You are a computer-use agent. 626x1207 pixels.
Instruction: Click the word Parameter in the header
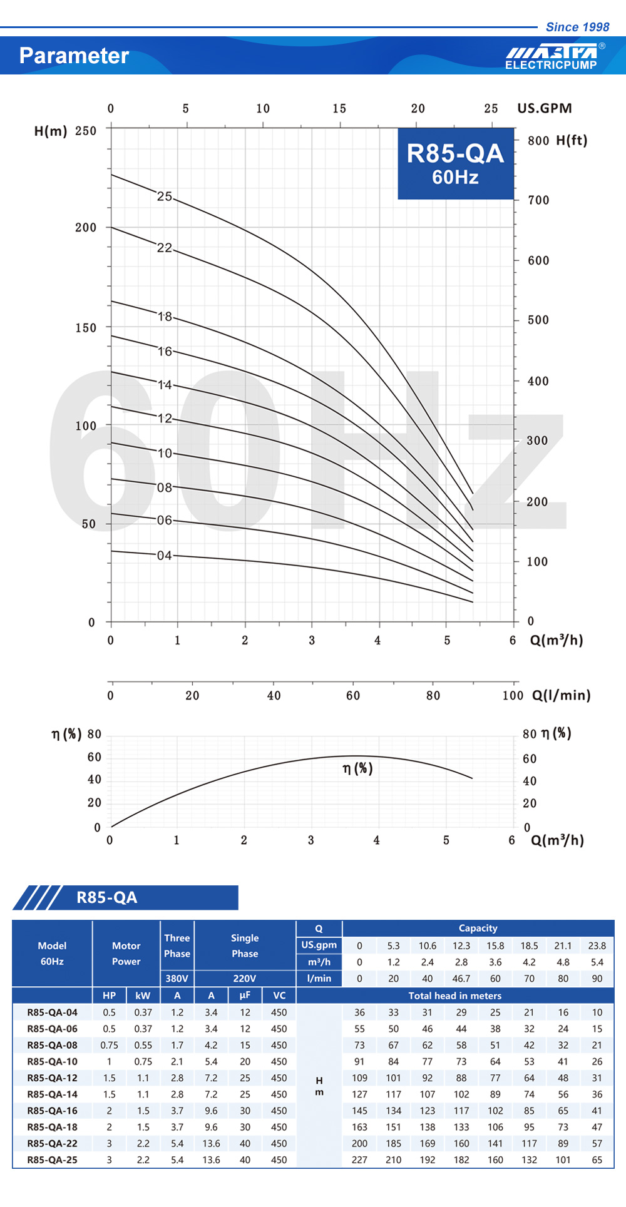click(74, 56)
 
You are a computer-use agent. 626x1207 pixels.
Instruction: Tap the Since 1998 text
click(577, 27)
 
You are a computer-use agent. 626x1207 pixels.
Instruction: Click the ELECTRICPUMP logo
click(551, 57)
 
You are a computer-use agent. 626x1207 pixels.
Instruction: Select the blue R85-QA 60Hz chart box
click(455, 163)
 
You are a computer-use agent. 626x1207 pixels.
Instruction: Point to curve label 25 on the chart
click(164, 196)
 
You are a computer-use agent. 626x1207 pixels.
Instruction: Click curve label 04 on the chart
click(164, 556)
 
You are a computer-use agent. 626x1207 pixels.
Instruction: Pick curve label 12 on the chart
click(165, 418)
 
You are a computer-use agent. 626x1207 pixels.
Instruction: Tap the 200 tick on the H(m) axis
click(86, 228)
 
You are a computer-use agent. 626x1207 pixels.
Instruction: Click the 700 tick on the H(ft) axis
click(538, 200)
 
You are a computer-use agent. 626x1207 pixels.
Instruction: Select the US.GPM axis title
click(544, 108)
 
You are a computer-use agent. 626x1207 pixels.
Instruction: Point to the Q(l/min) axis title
click(561, 695)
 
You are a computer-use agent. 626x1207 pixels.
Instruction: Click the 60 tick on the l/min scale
click(353, 696)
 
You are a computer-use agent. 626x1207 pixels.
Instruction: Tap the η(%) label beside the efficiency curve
click(357, 768)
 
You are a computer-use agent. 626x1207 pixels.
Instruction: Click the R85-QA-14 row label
click(53, 1094)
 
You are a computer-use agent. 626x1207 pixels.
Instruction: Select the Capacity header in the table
click(478, 929)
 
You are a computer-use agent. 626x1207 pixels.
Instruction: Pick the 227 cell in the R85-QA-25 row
click(359, 1159)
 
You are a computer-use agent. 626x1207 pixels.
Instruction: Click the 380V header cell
click(177, 979)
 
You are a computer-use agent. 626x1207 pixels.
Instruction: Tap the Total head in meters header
click(455, 996)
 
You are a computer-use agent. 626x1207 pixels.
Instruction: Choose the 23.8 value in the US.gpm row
click(597, 945)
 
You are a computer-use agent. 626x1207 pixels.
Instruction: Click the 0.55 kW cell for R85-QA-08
click(143, 1045)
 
